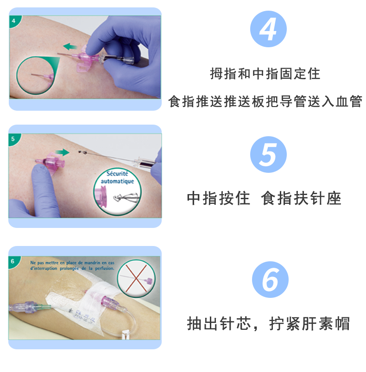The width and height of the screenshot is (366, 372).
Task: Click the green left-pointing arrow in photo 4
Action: click(x=70, y=46)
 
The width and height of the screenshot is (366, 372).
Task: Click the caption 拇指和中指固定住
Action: click(x=265, y=74)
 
